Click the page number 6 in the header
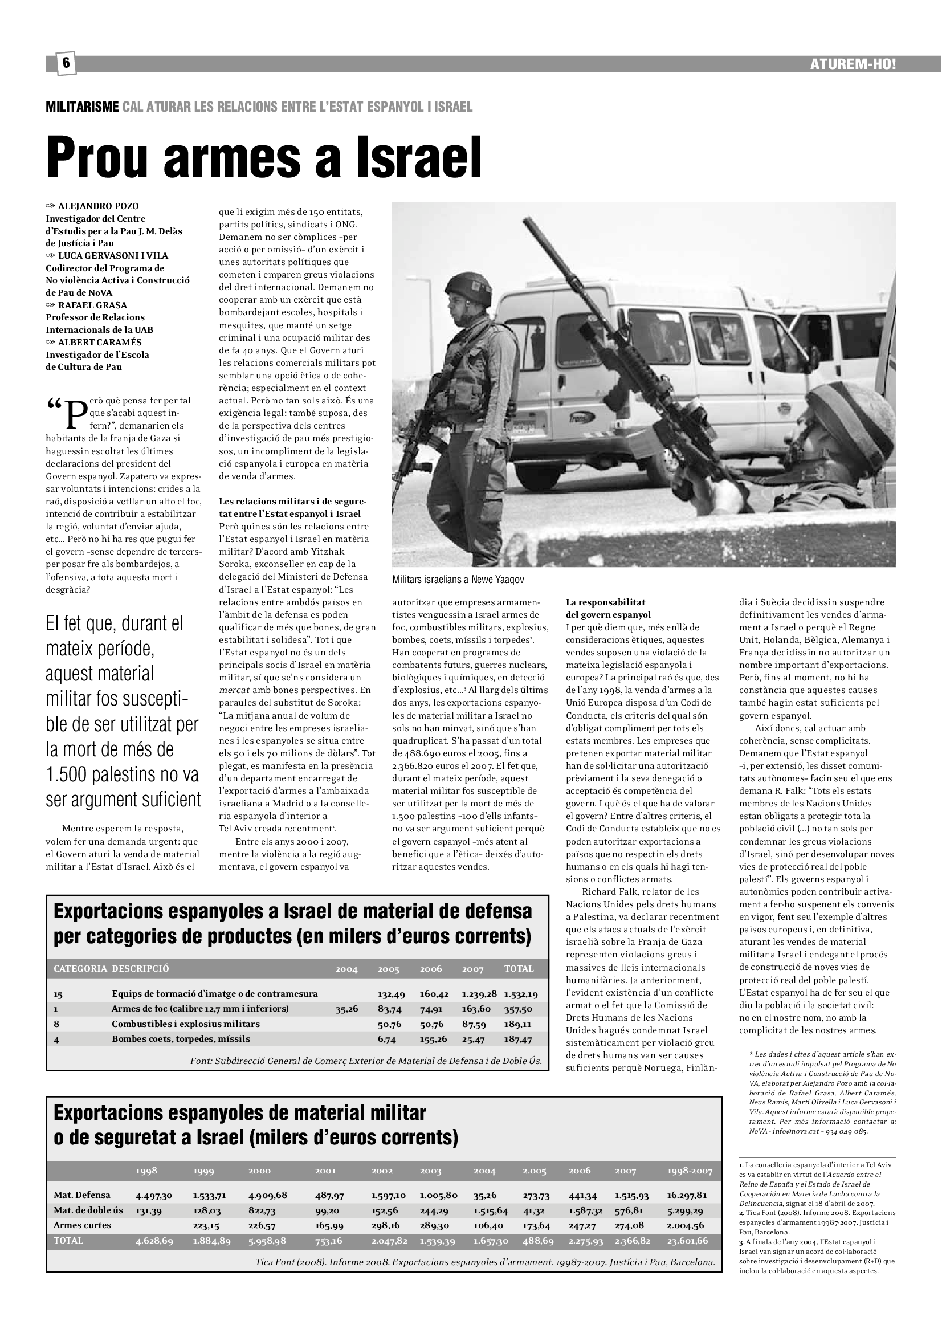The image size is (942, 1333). pyautogui.click(x=66, y=63)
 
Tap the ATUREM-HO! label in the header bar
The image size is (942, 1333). pyautogui.click(x=853, y=64)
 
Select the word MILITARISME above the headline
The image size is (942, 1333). pyautogui.click(x=83, y=107)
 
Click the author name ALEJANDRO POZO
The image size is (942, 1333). pyautogui.click(x=98, y=206)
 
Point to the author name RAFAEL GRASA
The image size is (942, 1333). pyautogui.click(x=92, y=305)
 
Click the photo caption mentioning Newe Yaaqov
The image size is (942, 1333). pyautogui.click(x=458, y=580)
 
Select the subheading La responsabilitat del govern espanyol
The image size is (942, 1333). pyautogui.click(x=607, y=609)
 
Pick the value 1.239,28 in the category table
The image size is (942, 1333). pyautogui.click(x=479, y=994)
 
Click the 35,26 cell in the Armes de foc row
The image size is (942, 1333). pyautogui.click(x=346, y=1009)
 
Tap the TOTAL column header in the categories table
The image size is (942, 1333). pyautogui.click(x=519, y=968)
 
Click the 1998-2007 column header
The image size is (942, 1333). pyautogui.click(x=690, y=1171)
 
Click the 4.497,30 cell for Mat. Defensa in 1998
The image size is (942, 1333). pyautogui.click(x=154, y=1196)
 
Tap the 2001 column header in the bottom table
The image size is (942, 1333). pyautogui.click(x=325, y=1171)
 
